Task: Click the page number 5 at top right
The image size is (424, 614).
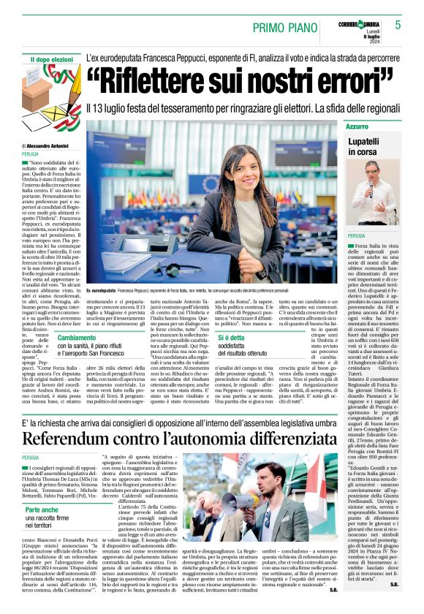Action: coord(398,25)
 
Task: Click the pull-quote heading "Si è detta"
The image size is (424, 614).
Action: coord(232,338)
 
